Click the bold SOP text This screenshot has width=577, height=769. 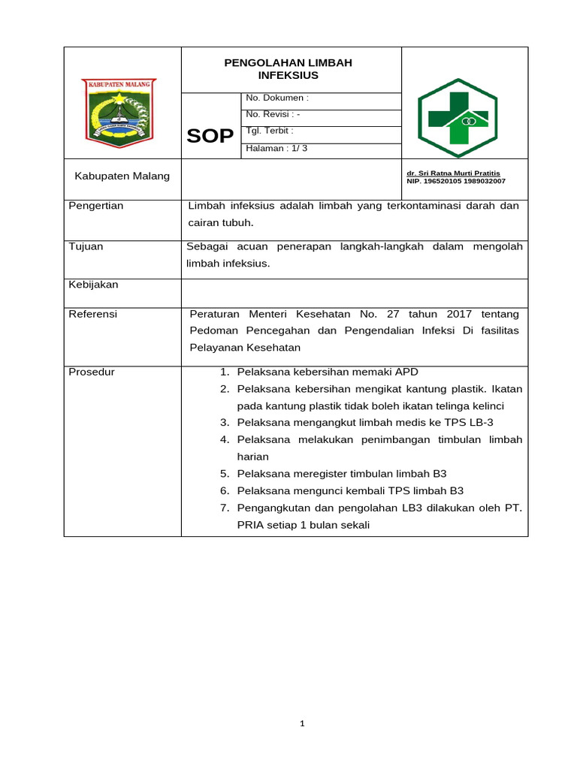pyautogui.click(x=210, y=135)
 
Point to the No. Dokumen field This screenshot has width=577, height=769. pyautogui.click(x=277, y=98)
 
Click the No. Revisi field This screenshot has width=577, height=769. pyautogui.click(x=273, y=115)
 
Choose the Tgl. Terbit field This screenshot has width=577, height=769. pyautogui.click(x=269, y=131)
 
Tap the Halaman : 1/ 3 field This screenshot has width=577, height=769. pyautogui.click(x=276, y=149)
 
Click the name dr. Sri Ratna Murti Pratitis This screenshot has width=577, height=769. pyautogui.click(x=453, y=173)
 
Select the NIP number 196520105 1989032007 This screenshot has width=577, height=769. pyautogui.click(x=456, y=181)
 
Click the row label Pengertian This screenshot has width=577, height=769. pyautogui.click(x=96, y=206)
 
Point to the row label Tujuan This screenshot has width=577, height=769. pyautogui.click(x=86, y=246)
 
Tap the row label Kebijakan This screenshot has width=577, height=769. pyautogui.click(x=94, y=285)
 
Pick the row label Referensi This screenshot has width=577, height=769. pyautogui.click(x=93, y=314)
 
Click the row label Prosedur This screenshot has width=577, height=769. pyautogui.click(x=92, y=372)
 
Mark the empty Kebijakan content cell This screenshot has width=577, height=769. pyautogui.click(x=355, y=291)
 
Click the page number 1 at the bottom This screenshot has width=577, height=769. pyautogui.click(x=301, y=724)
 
